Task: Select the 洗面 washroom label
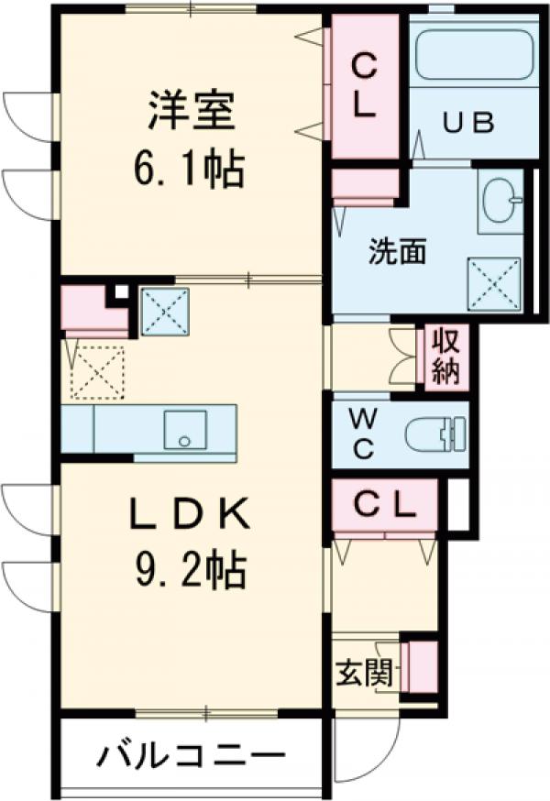click(397, 253)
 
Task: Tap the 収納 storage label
click(445, 356)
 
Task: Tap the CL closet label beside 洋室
click(365, 84)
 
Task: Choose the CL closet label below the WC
click(384, 503)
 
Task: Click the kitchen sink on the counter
click(184, 429)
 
